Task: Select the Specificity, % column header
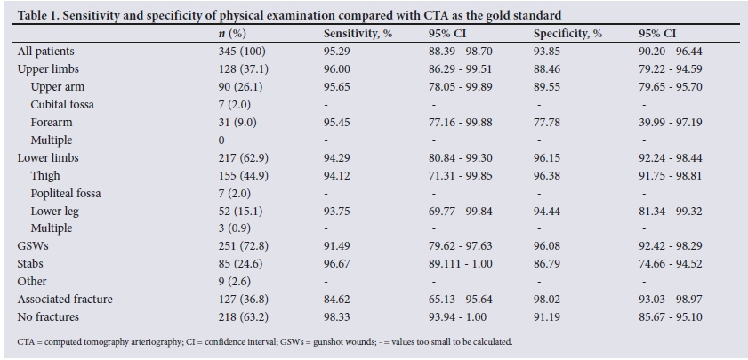[567, 34]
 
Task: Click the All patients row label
[45, 52]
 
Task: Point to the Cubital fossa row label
[62, 105]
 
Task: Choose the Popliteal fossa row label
[65, 194]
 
